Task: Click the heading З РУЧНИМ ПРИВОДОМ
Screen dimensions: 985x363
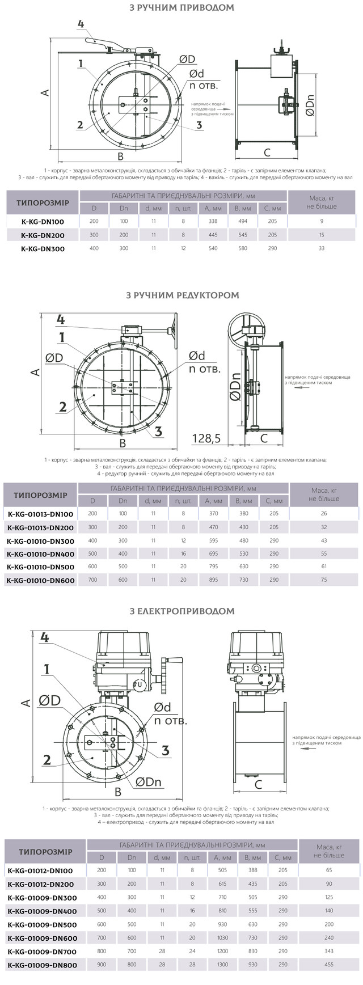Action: pyautogui.click(x=181, y=8)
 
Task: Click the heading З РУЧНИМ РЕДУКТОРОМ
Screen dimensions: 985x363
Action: pyautogui.click(x=182, y=295)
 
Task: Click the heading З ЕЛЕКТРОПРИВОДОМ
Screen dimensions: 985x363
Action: pyautogui.click(x=182, y=611)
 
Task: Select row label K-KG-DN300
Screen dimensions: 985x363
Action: pyautogui.click(x=43, y=248)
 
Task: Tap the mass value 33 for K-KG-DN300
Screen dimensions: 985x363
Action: pyautogui.click(x=322, y=248)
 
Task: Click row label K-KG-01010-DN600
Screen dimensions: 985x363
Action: pyautogui.click(x=40, y=580)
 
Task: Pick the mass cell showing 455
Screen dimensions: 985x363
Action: pyautogui.click(x=328, y=964)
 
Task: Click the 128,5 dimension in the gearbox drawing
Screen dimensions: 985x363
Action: pyautogui.click(x=206, y=438)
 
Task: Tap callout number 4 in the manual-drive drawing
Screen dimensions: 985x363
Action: pyautogui.click(x=81, y=24)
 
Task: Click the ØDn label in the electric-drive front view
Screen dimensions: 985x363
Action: pyautogui.click(x=149, y=782)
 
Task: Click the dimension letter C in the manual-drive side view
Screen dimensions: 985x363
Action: pyautogui.click(x=267, y=153)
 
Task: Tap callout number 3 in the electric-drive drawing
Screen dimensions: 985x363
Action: pyautogui.click(x=165, y=750)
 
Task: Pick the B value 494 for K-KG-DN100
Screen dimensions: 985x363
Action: pyautogui.click(x=242, y=221)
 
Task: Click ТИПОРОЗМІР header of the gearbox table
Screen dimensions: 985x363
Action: pyautogui.click(x=40, y=495)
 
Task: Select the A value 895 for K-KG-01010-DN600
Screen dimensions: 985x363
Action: pyautogui.click(x=213, y=580)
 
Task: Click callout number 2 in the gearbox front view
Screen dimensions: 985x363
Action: pyautogui.click(x=63, y=407)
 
